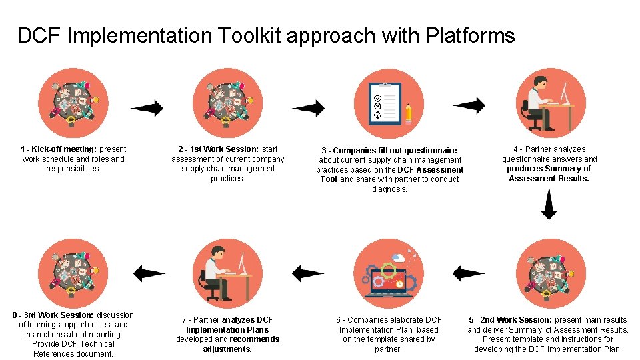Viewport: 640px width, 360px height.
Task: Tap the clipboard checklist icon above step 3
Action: [387, 103]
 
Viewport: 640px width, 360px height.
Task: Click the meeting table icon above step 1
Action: [72, 103]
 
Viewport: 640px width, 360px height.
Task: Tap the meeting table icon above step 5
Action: [549, 273]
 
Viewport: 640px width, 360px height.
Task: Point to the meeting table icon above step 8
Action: [72, 273]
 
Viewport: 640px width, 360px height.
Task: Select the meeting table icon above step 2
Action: [227, 103]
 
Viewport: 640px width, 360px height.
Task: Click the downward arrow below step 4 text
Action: [548, 204]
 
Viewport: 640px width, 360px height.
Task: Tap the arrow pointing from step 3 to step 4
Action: [469, 105]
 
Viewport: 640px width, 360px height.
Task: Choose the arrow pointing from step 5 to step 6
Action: [468, 273]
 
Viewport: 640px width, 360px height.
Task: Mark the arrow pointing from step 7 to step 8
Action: [149, 273]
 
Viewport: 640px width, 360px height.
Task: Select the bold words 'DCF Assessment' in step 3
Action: [430, 170]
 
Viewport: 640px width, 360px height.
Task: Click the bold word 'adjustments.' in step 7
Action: [227, 349]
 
